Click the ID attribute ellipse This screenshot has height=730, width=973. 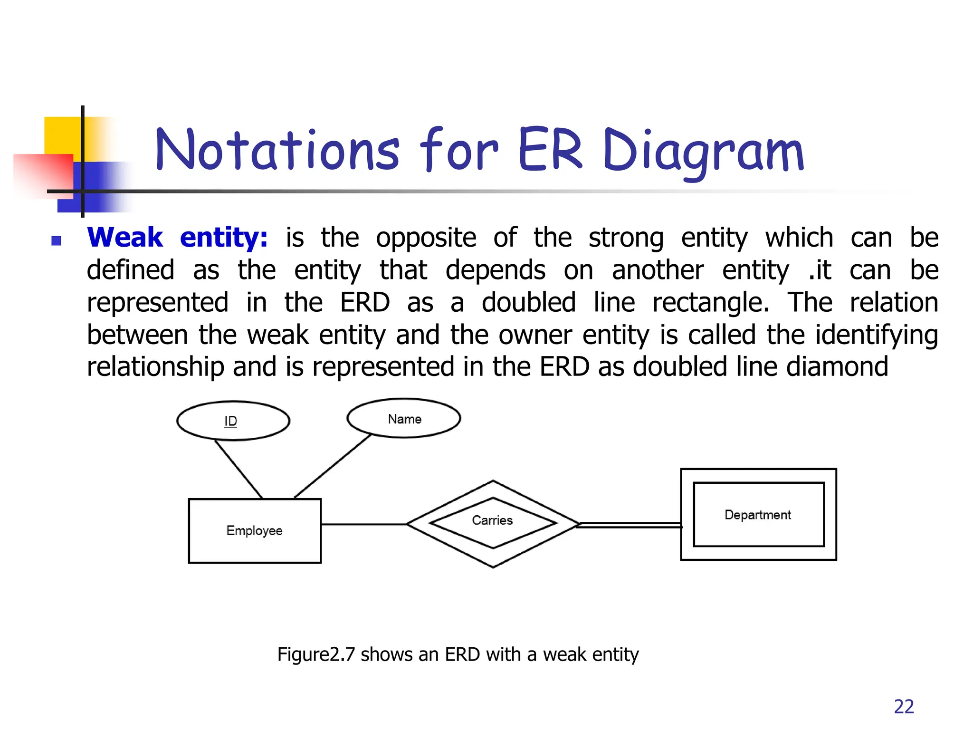tap(233, 421)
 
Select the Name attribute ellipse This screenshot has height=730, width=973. tap(404, 418)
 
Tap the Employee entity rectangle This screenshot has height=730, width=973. tap(255, 530)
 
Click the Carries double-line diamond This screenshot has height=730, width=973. tap(493, 523)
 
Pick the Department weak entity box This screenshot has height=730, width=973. tap(758, 515)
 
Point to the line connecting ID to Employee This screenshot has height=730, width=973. tap(238, 470)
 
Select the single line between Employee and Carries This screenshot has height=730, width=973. tap(363, 524)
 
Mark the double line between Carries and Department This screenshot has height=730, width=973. tap(630, 525)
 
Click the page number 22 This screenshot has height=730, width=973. tap(904, 707)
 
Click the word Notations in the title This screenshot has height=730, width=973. tap(277, 150)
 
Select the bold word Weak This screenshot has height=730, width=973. tap(125, 237)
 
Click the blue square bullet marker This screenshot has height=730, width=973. tap(56, 240)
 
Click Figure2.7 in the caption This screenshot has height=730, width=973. tap(316, 654)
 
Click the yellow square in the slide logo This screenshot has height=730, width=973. tap(62, 135)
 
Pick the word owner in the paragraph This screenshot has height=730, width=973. tap(535, 335)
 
